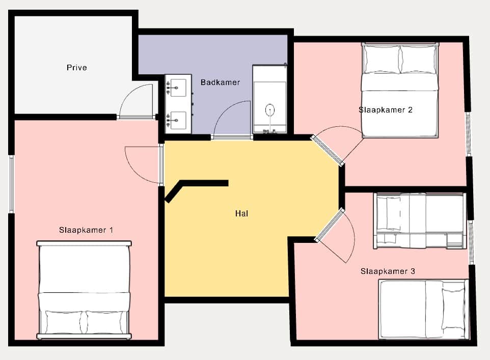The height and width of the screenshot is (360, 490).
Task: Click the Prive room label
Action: click(x=76, y=68)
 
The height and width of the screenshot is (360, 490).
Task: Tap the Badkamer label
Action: click(x=221, y=82)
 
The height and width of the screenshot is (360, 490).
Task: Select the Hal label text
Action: click(x=241, y=213)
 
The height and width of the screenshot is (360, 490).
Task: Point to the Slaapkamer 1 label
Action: click(x=86, y=230)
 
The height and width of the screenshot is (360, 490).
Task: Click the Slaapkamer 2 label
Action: click(x=386, y=109)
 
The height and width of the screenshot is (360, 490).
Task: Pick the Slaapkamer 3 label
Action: click(x=388, y=271)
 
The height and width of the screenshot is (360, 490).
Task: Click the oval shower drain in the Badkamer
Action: click(x=269, y=110)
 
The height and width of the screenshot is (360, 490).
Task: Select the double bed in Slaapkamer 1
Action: click(x=84, y=290)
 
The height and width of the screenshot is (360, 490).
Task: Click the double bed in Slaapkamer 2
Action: click(x=400, y=90)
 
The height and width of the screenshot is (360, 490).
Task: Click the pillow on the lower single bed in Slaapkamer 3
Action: click(x=453, y=309)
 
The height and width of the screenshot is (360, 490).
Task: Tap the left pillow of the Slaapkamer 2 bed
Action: click(x=382, y=60)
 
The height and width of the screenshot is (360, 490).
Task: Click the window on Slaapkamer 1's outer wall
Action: click(x=11, y=184)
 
